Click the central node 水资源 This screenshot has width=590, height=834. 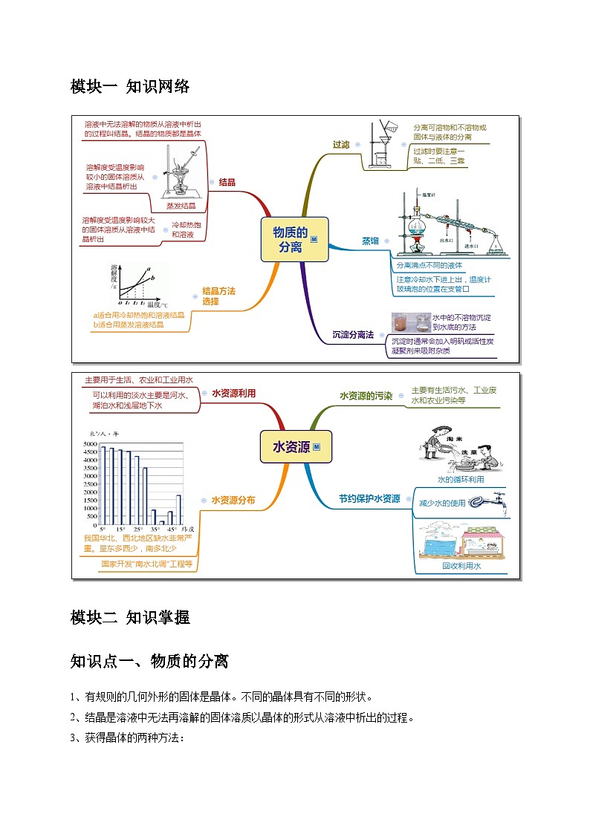click(292, 447)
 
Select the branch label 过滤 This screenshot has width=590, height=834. click(341, 145)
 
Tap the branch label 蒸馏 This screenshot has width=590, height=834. click(370, 241)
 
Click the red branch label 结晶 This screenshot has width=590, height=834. click(227, 182)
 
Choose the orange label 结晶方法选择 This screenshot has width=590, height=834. click(218, 296)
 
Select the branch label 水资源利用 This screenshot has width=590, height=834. click(233, 394)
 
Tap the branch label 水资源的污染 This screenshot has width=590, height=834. click(366, 396)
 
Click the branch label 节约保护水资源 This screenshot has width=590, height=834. click(369, 498)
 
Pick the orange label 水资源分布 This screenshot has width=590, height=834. click(233, 501)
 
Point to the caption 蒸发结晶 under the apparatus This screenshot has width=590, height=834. click(181, 206)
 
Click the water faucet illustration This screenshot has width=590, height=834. click(501, 501)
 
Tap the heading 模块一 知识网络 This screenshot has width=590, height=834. click(130, 86)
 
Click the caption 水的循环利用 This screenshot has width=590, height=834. click(461, 479)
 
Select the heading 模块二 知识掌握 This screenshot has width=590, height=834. click(130, 617)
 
